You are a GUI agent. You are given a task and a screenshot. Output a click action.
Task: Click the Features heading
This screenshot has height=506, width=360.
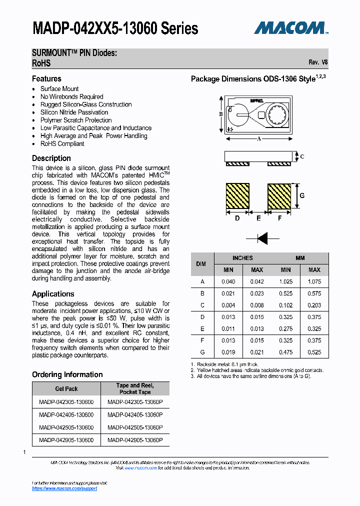click(46, 78)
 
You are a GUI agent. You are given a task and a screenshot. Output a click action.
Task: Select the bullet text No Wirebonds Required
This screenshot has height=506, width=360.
click(71, 96)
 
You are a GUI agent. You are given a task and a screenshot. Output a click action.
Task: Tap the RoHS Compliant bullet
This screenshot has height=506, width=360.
click(62, 143)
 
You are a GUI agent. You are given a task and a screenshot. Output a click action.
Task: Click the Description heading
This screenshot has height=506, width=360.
click(51, 158)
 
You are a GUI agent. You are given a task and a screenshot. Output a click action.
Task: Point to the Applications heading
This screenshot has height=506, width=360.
click(53, 294)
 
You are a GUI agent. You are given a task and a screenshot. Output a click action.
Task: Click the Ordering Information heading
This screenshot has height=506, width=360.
click(67, 374)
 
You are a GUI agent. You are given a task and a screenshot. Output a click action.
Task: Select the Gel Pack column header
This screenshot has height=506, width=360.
click(66, 388)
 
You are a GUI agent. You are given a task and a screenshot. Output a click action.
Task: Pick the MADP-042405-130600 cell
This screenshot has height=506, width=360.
click(66, 414)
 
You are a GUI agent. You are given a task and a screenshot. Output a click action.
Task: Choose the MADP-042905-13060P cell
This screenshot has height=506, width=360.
click(135, 440)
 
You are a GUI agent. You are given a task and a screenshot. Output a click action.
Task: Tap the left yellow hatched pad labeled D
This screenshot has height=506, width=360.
click(237, 196)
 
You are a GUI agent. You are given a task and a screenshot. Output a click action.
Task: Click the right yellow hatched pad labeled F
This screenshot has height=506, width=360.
click(279, 196)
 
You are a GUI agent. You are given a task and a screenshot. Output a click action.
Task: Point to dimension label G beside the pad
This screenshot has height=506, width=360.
click(301, 195)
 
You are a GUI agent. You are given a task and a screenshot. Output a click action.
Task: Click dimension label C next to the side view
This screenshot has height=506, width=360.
click(302, 156)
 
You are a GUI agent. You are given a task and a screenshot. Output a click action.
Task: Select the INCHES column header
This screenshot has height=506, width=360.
click(242, 258)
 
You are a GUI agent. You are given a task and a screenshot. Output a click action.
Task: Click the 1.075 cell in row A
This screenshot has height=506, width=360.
click(314, 282)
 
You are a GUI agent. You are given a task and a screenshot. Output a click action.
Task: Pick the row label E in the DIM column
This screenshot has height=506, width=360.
click(202, 329)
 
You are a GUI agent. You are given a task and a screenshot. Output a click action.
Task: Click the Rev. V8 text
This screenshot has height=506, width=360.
click(318, 62)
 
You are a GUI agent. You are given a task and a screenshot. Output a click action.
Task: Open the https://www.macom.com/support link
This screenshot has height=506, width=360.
click(64, 488)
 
